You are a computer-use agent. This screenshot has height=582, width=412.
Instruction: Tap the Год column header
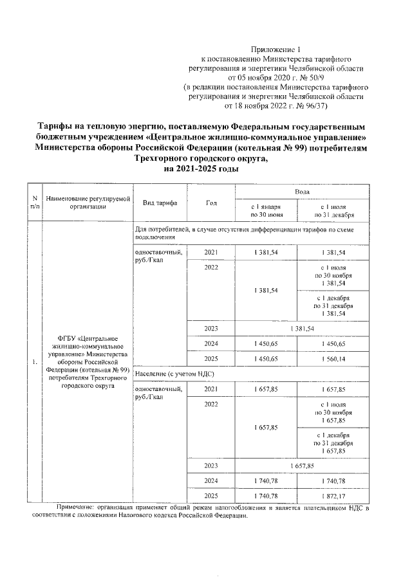tap(211, 203)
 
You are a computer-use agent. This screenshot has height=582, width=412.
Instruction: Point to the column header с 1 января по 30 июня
tap(266, 210)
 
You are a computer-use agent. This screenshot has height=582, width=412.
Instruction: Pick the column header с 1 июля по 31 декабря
tap(333, 210)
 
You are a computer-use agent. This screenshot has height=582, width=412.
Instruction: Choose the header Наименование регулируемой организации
tap(84, 203)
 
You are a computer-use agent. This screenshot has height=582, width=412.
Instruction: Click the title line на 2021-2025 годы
tap(203, 169)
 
